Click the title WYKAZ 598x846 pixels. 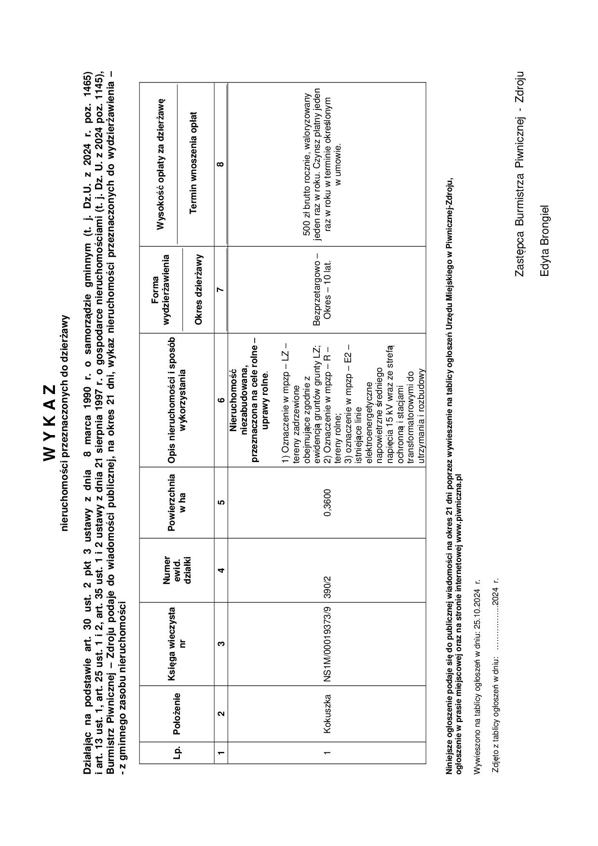(51, 422)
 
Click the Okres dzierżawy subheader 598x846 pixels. (198, 289)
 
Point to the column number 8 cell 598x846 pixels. (221, 164)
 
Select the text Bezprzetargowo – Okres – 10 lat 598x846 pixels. (322, 289)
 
